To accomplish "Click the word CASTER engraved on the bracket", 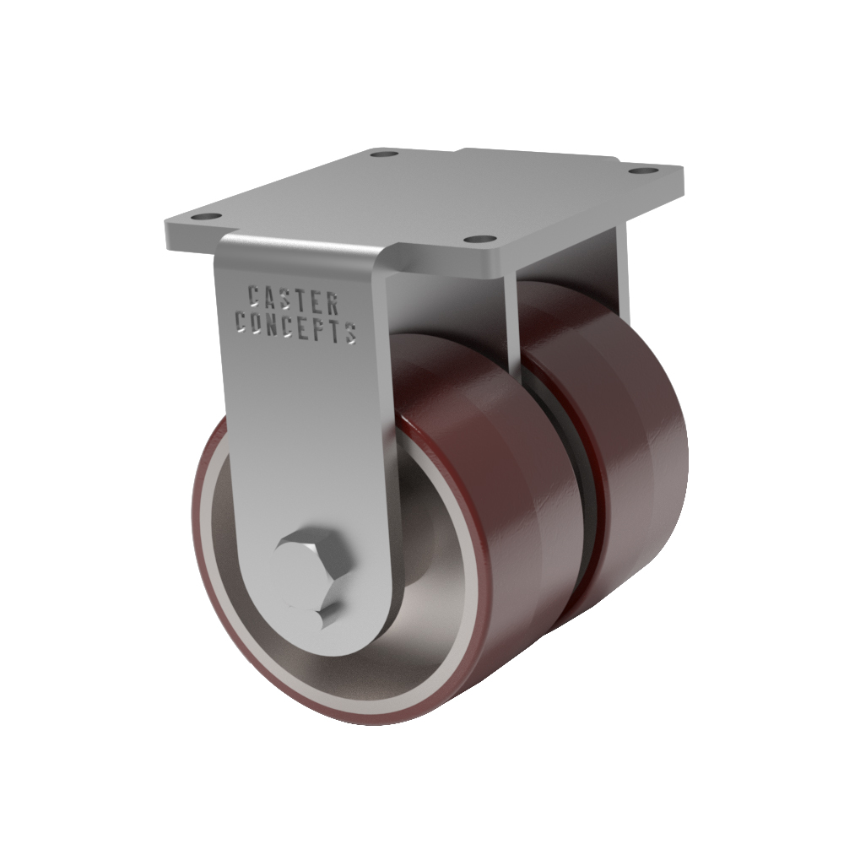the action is click(294, 300).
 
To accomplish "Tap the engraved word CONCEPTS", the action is click(296, 327).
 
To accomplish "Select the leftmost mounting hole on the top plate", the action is click(207, 217).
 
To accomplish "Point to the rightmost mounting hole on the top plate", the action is click(644, 170).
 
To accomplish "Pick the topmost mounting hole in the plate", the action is click(384, 154).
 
